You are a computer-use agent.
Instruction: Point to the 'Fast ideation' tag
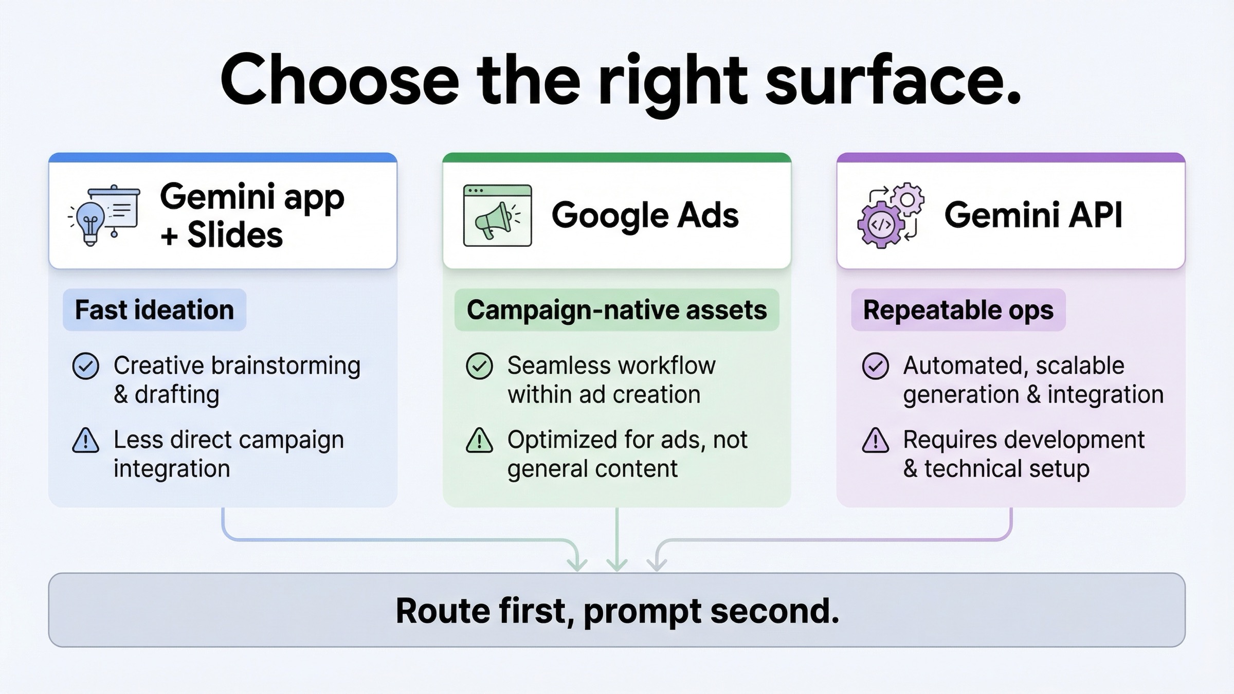pyautogui.click(x=154, y=310)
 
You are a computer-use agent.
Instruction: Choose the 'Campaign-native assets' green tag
pyautogui.click(x=616, y=310)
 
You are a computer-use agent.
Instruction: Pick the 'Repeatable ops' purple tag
pyautogui.click(x=958, y=310)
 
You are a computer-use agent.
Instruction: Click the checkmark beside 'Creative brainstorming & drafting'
pyautogui.click(x=85, y=366)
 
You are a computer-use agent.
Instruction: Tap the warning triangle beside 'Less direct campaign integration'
pyautogui.click(x=85, y=441)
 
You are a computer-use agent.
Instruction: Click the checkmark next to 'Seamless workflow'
pyautogui.click(x=479, y=366)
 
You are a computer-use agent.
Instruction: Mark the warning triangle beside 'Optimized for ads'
pyautogui.click(x=479, y=441)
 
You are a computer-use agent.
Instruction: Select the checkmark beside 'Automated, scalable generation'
pyautogui.click(x=875, y=366)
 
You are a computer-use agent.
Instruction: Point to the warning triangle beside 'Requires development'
pyautogui.click(x=875, y=441)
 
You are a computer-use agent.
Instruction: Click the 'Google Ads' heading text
pyautogui.click(x=645, y=215)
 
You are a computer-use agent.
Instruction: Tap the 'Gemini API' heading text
pyautogui.click(x=1033, y=215)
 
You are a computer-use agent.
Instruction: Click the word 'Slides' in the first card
pyautogui.click(x=235, y=235)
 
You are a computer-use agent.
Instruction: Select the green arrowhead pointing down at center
pyautogui.click(x=616, y=564)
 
